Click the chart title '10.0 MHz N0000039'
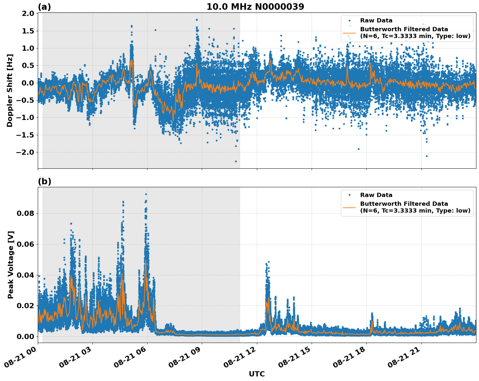255,7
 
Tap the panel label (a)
44,7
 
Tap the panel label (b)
44,181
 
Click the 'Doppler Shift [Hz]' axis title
10,90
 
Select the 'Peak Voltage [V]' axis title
11,265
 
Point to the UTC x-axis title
257,374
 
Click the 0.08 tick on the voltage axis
25,214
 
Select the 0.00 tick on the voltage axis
25,336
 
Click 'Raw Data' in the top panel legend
376,20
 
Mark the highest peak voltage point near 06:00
146,194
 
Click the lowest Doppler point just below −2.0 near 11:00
236,161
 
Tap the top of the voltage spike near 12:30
268,262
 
